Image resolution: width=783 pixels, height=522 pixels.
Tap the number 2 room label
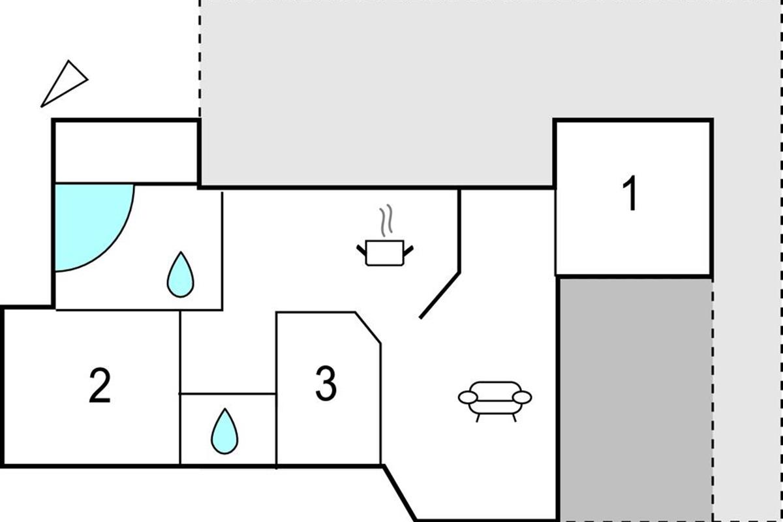(x=100, y=386)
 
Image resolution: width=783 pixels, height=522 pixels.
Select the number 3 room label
(x=326, y=383)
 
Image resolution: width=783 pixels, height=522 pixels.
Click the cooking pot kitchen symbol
(x=384, y=253)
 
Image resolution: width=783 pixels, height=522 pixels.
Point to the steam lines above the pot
(x=386, y=221)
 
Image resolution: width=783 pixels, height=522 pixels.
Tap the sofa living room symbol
(x=495, y=401)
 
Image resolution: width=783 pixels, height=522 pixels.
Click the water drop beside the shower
(x=180, y=275)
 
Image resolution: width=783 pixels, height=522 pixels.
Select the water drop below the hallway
(x=224, y=431)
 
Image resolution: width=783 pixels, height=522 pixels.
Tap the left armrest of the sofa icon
(x=468, y=397)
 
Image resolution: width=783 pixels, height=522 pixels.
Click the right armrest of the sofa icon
(x=522, y=397)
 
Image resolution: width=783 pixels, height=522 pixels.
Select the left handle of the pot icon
(x=361, y=250)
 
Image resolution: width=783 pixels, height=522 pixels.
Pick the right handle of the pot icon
(x=408, y=251)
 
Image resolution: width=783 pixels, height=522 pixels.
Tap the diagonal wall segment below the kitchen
(x=439, y=296)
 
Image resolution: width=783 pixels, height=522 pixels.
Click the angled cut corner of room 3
(x=368, y=328)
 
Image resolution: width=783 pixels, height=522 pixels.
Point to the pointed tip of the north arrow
(x=41, y=106)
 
